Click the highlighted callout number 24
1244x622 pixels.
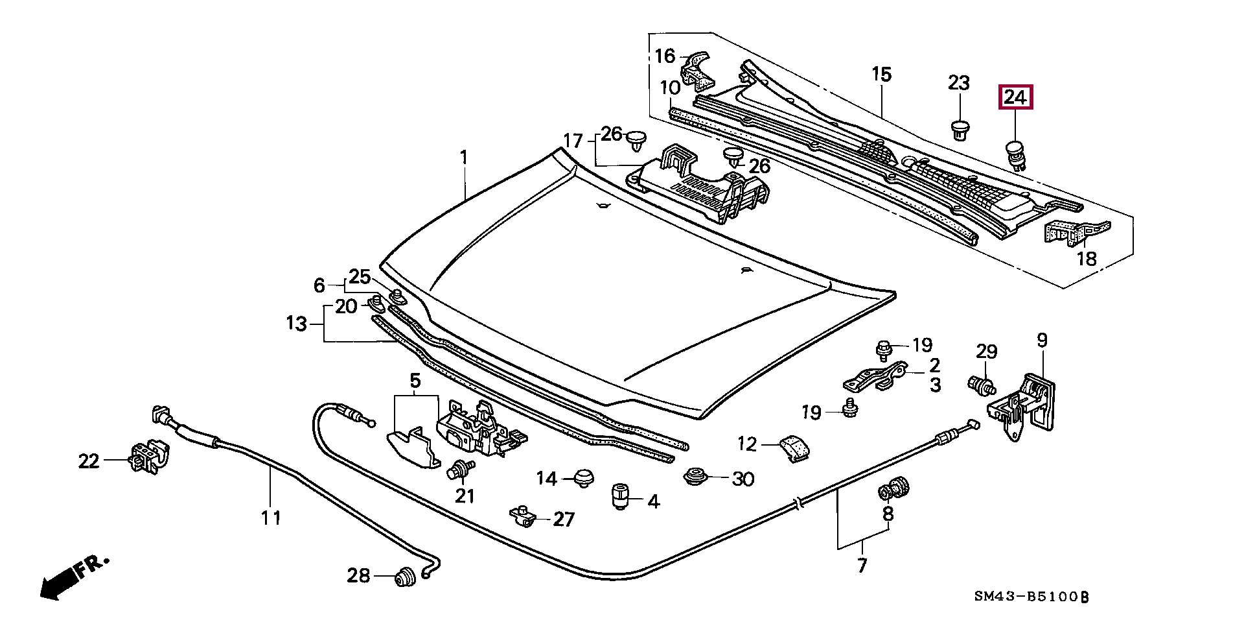1015,97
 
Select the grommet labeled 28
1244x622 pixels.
406,576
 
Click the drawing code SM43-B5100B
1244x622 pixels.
1032,597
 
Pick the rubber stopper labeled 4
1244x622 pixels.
621,496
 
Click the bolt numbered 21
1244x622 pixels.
461,470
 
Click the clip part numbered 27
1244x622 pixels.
523,516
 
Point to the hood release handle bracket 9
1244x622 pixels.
1022,407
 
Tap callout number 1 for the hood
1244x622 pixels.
463,158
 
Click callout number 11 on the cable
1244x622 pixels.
271,518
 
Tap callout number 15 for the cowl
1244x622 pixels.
881,74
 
